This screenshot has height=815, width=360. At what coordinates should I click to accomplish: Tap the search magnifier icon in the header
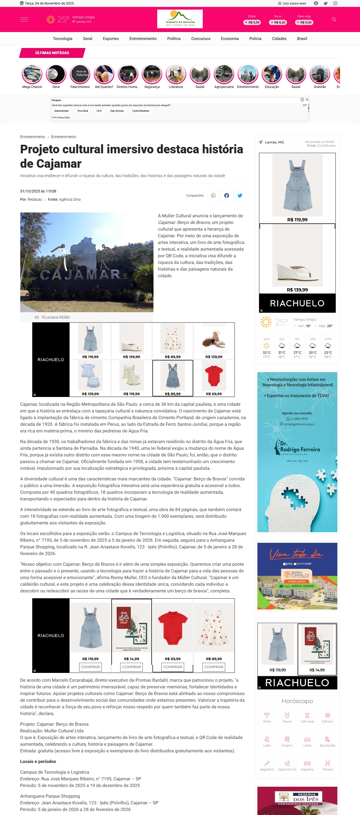tap(334, 19)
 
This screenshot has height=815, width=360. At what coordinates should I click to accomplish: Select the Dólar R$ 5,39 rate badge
tap(252, 22)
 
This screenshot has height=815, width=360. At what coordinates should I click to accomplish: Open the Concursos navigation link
tap(201, 39)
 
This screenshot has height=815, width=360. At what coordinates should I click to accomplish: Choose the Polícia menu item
tap(255, 39)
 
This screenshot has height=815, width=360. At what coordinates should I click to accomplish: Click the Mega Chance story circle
tap(32, 74)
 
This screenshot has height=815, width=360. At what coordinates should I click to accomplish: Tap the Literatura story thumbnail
tap(176, 74)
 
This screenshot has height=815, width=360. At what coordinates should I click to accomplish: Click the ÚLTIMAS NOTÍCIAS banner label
tap(52, 53)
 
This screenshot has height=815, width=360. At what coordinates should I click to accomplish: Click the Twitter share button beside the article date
tap(240, 195)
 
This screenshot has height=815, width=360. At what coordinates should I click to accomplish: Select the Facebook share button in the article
tap(226, 195)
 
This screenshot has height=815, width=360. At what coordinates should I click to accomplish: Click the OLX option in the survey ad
tap(99, 111)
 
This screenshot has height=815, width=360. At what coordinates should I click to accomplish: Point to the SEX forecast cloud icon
tap(297, 346)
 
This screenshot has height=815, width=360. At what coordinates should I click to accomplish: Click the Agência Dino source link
tap(70, 200)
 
